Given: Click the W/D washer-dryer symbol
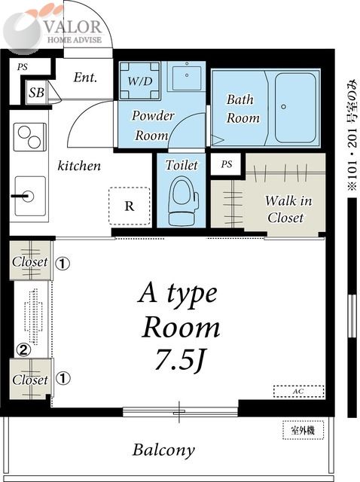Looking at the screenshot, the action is click(x=140, y=81).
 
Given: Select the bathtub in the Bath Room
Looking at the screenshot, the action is click(x=294, y=108).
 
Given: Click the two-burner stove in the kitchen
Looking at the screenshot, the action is click(x=30, y=137).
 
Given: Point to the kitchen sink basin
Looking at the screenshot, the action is click(x=30, y=196).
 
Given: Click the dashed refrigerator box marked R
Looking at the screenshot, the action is click(x=130, y=206).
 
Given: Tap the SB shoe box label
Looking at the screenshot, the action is click(x=36, y=92).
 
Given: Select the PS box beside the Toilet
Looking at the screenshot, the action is click(x=226, y=164).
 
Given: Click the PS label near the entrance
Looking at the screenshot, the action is click(x=22, y=67).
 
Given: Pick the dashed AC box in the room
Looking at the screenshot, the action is click(x=299, y=392).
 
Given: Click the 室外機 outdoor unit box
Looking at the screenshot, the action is click(x=303, y=430).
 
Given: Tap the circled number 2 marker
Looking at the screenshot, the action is click(x=23, y=349).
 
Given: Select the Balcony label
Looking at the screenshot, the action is click(x=163, y=450).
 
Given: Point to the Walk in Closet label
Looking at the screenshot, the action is click(x=288, y=209).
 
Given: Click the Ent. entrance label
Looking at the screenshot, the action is click(x=85, y=77).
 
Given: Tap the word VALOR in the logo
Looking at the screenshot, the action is click(x=73, y=27).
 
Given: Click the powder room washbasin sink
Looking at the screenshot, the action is click(x=187, y=76).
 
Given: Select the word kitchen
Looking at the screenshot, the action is click(x=79, y=166).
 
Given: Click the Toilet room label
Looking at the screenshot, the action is click(x=182, y=165).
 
